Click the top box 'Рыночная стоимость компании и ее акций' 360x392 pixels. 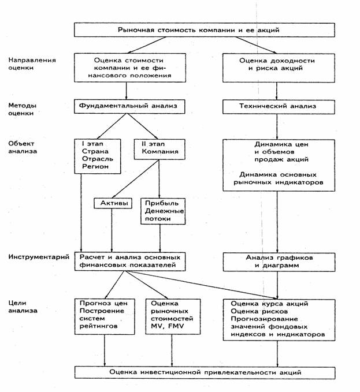point(205,30)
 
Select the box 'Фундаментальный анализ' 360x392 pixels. point(129,106)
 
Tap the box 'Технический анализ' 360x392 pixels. point(279,107)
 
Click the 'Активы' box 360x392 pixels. point(113,203)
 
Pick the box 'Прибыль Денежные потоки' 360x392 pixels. point(163,211)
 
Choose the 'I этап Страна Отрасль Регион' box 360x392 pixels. point(98,156)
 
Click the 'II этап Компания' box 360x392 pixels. point(159,150)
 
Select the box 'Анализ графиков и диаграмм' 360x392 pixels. point(279,262)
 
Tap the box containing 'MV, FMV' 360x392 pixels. point(173,316)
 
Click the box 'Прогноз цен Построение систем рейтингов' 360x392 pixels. point(105,316)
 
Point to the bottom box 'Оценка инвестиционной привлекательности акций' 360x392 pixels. point(205,372)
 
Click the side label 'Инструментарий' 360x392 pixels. point(39,257)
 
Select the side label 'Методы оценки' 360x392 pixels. point(23,109)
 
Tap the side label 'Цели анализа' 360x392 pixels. point(23,307)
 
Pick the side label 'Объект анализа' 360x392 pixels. point(23,147)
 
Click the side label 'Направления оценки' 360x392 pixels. point(32,64)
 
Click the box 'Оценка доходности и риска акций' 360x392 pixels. point(279,68)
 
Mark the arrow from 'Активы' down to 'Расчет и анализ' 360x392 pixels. point(112,230)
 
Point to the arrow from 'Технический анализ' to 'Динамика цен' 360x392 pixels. point(277,127)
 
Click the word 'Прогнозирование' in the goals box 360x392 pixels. point(264,319)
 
